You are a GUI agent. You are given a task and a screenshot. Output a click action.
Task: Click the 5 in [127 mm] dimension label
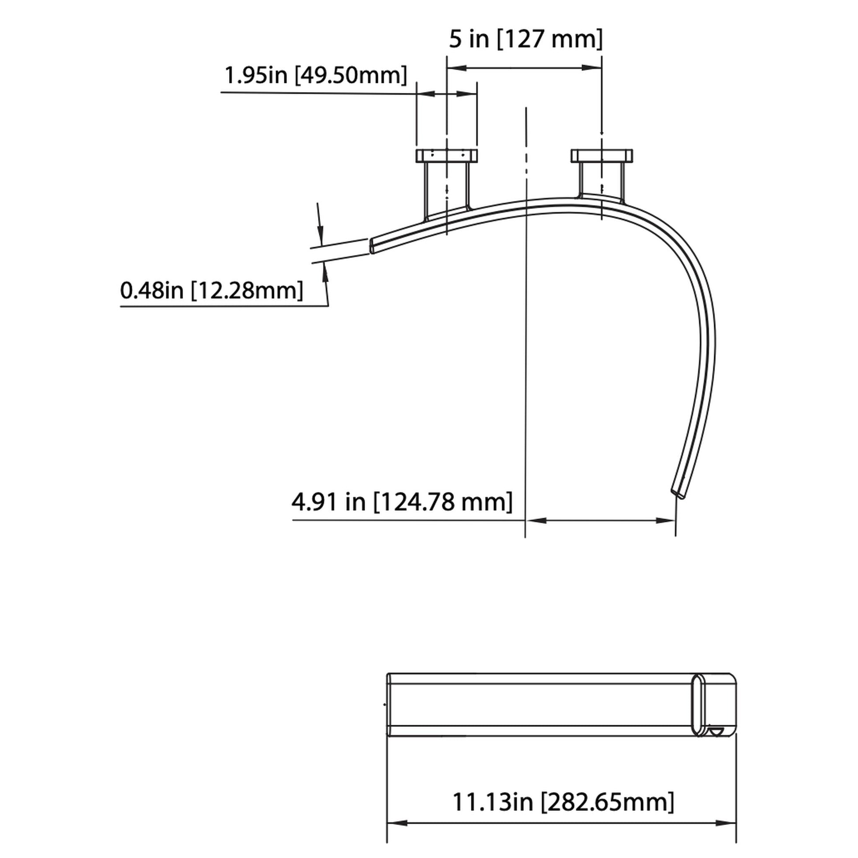click(x=526, y=40)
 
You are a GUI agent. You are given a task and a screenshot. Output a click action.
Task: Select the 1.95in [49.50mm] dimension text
click(x=316, y=75)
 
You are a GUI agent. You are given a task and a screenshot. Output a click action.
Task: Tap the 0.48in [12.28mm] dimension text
click(x=212, y=291)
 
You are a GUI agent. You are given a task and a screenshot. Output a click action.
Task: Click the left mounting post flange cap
click(x=446, y=156)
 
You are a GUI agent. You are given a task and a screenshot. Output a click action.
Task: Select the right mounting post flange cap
click(x=601, y=156)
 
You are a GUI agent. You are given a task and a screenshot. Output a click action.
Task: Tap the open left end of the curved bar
click(x=372, y=246)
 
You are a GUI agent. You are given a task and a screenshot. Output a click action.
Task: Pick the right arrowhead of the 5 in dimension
click(x=592, y=68)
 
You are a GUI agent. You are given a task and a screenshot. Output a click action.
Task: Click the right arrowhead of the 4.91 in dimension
click(x=666, y=520)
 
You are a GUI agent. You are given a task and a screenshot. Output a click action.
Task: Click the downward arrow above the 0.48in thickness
click(x=320, y=233)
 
